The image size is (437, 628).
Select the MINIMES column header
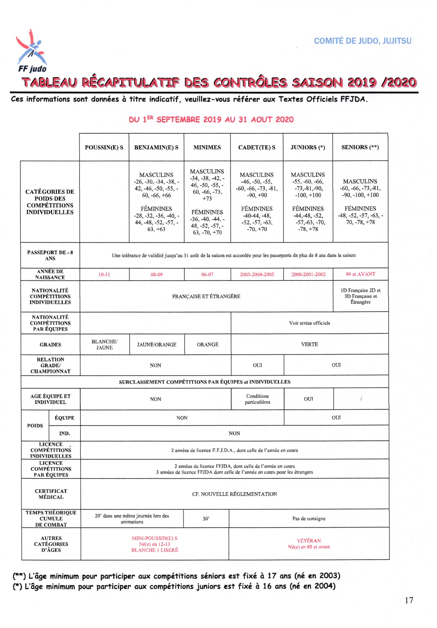coord(207,147)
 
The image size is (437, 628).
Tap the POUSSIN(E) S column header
coord(104,147)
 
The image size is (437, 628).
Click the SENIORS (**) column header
coord(360,147)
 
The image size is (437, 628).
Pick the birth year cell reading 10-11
coord(104,274)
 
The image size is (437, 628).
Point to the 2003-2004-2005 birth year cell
coord(257,274)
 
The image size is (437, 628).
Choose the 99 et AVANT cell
coord(360,274)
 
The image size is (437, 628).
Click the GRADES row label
coord(50,345)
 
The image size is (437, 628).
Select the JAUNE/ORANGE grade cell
coord(156,345)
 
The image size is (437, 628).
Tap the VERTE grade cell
coord(309,344)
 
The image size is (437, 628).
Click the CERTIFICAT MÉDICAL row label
coord(51,494)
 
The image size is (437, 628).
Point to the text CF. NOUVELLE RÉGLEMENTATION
coord(234,494)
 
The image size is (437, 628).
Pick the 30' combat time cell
coord(206,519)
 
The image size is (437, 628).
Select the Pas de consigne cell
coord(309,519)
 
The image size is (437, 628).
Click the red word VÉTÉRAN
coord(309,541)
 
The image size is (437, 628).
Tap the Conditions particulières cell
coord(257,399)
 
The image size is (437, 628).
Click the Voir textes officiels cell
coord(309,323)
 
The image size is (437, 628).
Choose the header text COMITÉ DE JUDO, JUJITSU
coord(362,41)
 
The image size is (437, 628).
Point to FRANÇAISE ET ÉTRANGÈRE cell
coord(206,296)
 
